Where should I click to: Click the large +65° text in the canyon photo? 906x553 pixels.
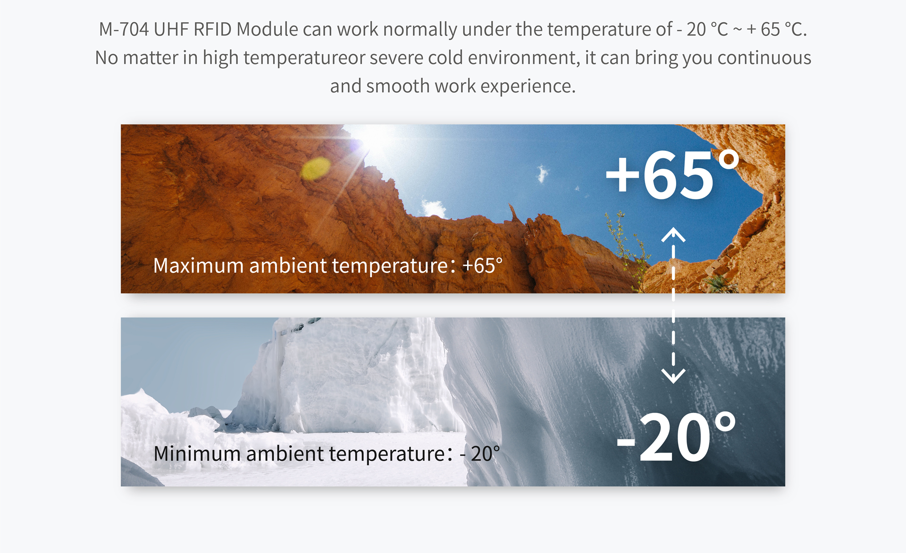coord(672,174)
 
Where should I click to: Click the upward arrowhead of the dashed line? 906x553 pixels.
coord(673,234)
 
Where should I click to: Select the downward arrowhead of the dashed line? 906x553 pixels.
coord(673,376)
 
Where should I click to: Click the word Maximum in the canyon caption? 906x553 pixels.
coord(198,265)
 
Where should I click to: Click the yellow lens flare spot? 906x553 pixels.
coord(316,168)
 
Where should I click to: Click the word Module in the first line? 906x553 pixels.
coord(267,29)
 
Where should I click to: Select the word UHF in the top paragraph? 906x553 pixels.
coord(171,29)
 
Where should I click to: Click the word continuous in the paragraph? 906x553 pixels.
coord(764,58)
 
